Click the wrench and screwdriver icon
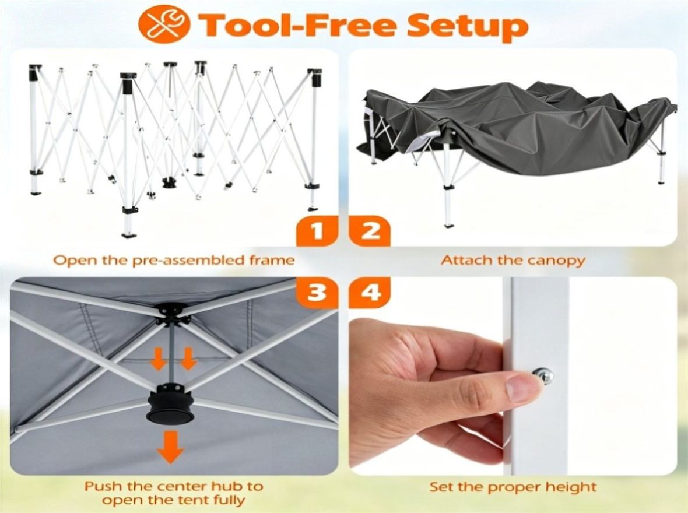click(164, 23)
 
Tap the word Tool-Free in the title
click(297, 24)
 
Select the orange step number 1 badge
click(317, 231)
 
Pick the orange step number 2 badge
click(370, 231)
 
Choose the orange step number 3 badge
click(317, 292)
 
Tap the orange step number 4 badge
click(370, 292)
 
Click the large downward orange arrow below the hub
click(170, 447)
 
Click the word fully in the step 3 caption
click(228, 500)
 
